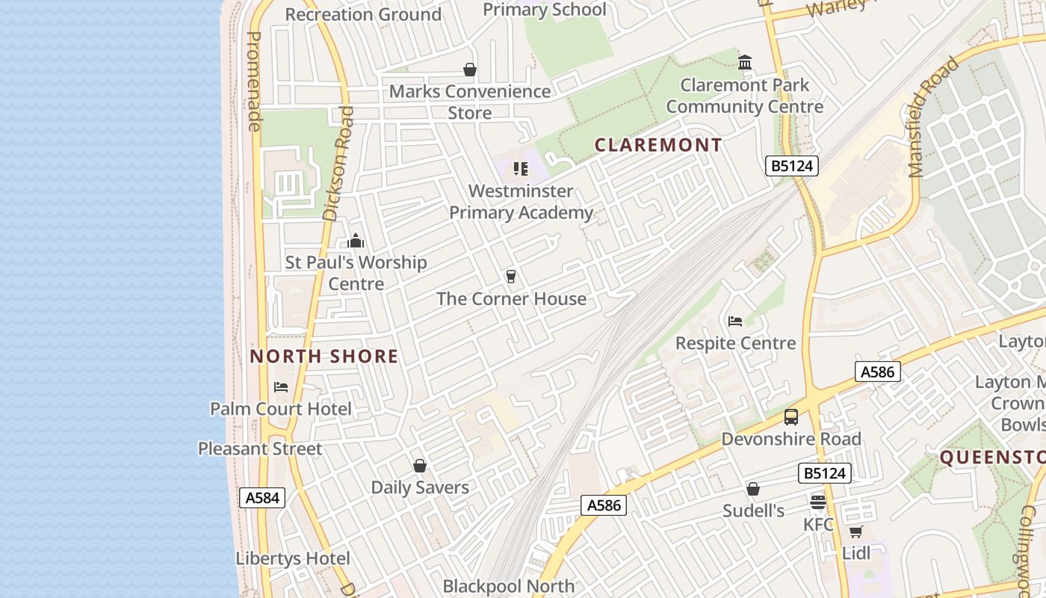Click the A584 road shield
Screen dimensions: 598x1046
click(262, 498)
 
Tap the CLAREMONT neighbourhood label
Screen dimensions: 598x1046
click(658, 145)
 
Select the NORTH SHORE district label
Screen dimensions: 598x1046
click(324, 357)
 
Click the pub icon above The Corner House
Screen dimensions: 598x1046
click(511, 277)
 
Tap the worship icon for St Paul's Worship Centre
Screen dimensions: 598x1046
click(356, 241)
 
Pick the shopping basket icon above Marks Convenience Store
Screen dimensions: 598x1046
click(470, 70)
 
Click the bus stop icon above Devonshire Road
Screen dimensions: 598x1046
click(791, 417)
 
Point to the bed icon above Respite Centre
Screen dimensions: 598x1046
click(735, 321)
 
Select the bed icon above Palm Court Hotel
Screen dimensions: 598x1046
click(281, 387)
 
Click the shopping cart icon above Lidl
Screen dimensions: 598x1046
click(855, 531)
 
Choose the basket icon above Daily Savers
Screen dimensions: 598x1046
click(420, 466)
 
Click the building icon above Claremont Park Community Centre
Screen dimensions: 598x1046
click(745, 63)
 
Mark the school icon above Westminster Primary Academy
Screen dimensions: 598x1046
click(521, 169)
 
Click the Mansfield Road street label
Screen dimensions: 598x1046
click(934, 117)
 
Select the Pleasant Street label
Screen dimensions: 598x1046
click(260, 449)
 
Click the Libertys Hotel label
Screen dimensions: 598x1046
click(293, 558)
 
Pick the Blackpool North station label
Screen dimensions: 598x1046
click(509, 586)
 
